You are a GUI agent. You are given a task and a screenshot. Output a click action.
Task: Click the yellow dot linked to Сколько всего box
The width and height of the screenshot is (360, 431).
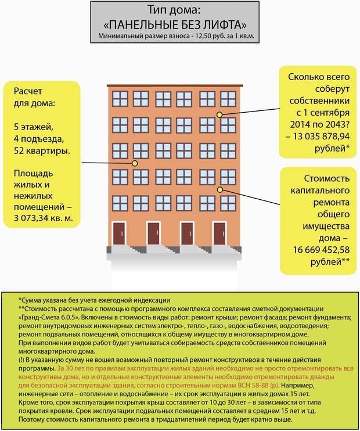pyautogui.click(x=219, y=114)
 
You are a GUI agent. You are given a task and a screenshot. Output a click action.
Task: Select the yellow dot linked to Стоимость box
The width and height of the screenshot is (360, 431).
pyautogui.click(x=219, y=189)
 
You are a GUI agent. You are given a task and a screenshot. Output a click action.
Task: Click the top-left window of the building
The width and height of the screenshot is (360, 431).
pyautogui.click(x=120, y=98)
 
